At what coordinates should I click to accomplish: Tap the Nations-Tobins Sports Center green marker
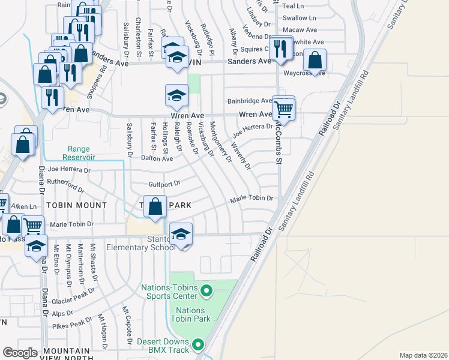206,292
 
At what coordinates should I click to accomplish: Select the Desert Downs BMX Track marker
198,345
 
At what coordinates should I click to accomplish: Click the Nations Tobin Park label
193,314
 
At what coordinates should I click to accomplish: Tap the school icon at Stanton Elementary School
181,234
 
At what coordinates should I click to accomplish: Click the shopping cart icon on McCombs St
283,110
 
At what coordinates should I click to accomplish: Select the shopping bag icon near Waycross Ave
315,61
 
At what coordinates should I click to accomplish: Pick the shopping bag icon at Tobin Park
155,207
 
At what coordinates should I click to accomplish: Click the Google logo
20,353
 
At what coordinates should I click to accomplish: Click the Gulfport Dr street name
164,184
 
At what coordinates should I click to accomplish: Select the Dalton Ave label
157,159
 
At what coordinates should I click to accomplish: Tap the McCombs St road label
278,144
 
